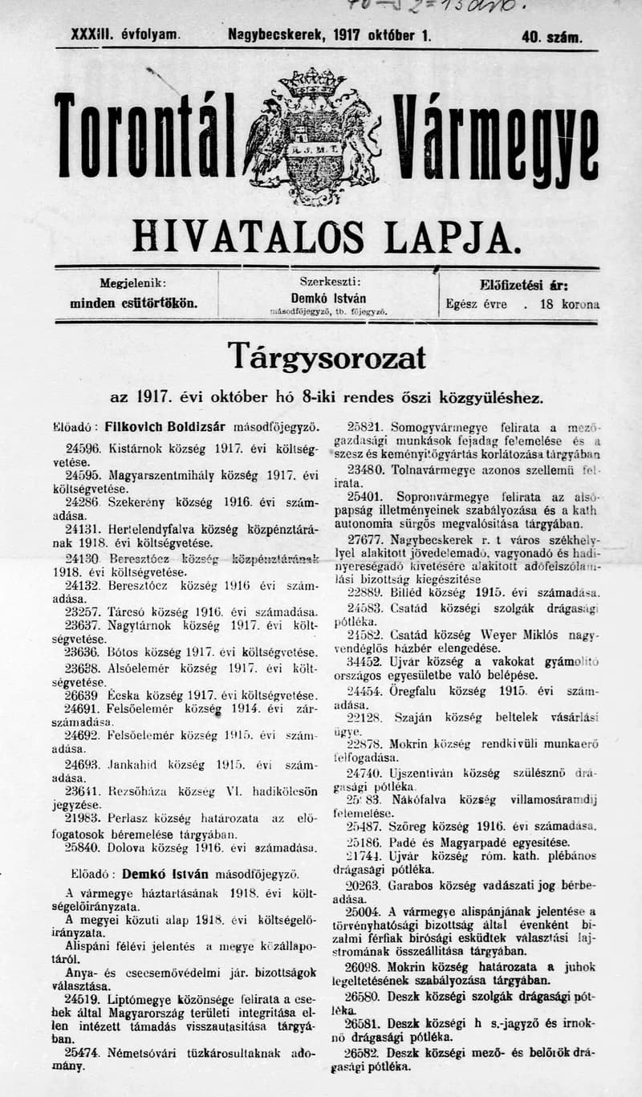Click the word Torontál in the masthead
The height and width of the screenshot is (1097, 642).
tap(145, 136)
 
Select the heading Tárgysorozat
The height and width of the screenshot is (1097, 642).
tap(326, 356)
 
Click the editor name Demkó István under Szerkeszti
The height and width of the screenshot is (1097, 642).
tap(328, 298)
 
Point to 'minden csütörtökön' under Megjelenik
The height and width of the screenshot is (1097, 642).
tap(133, 304)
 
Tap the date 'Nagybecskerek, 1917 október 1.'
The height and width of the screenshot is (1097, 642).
tap(329, 35)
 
